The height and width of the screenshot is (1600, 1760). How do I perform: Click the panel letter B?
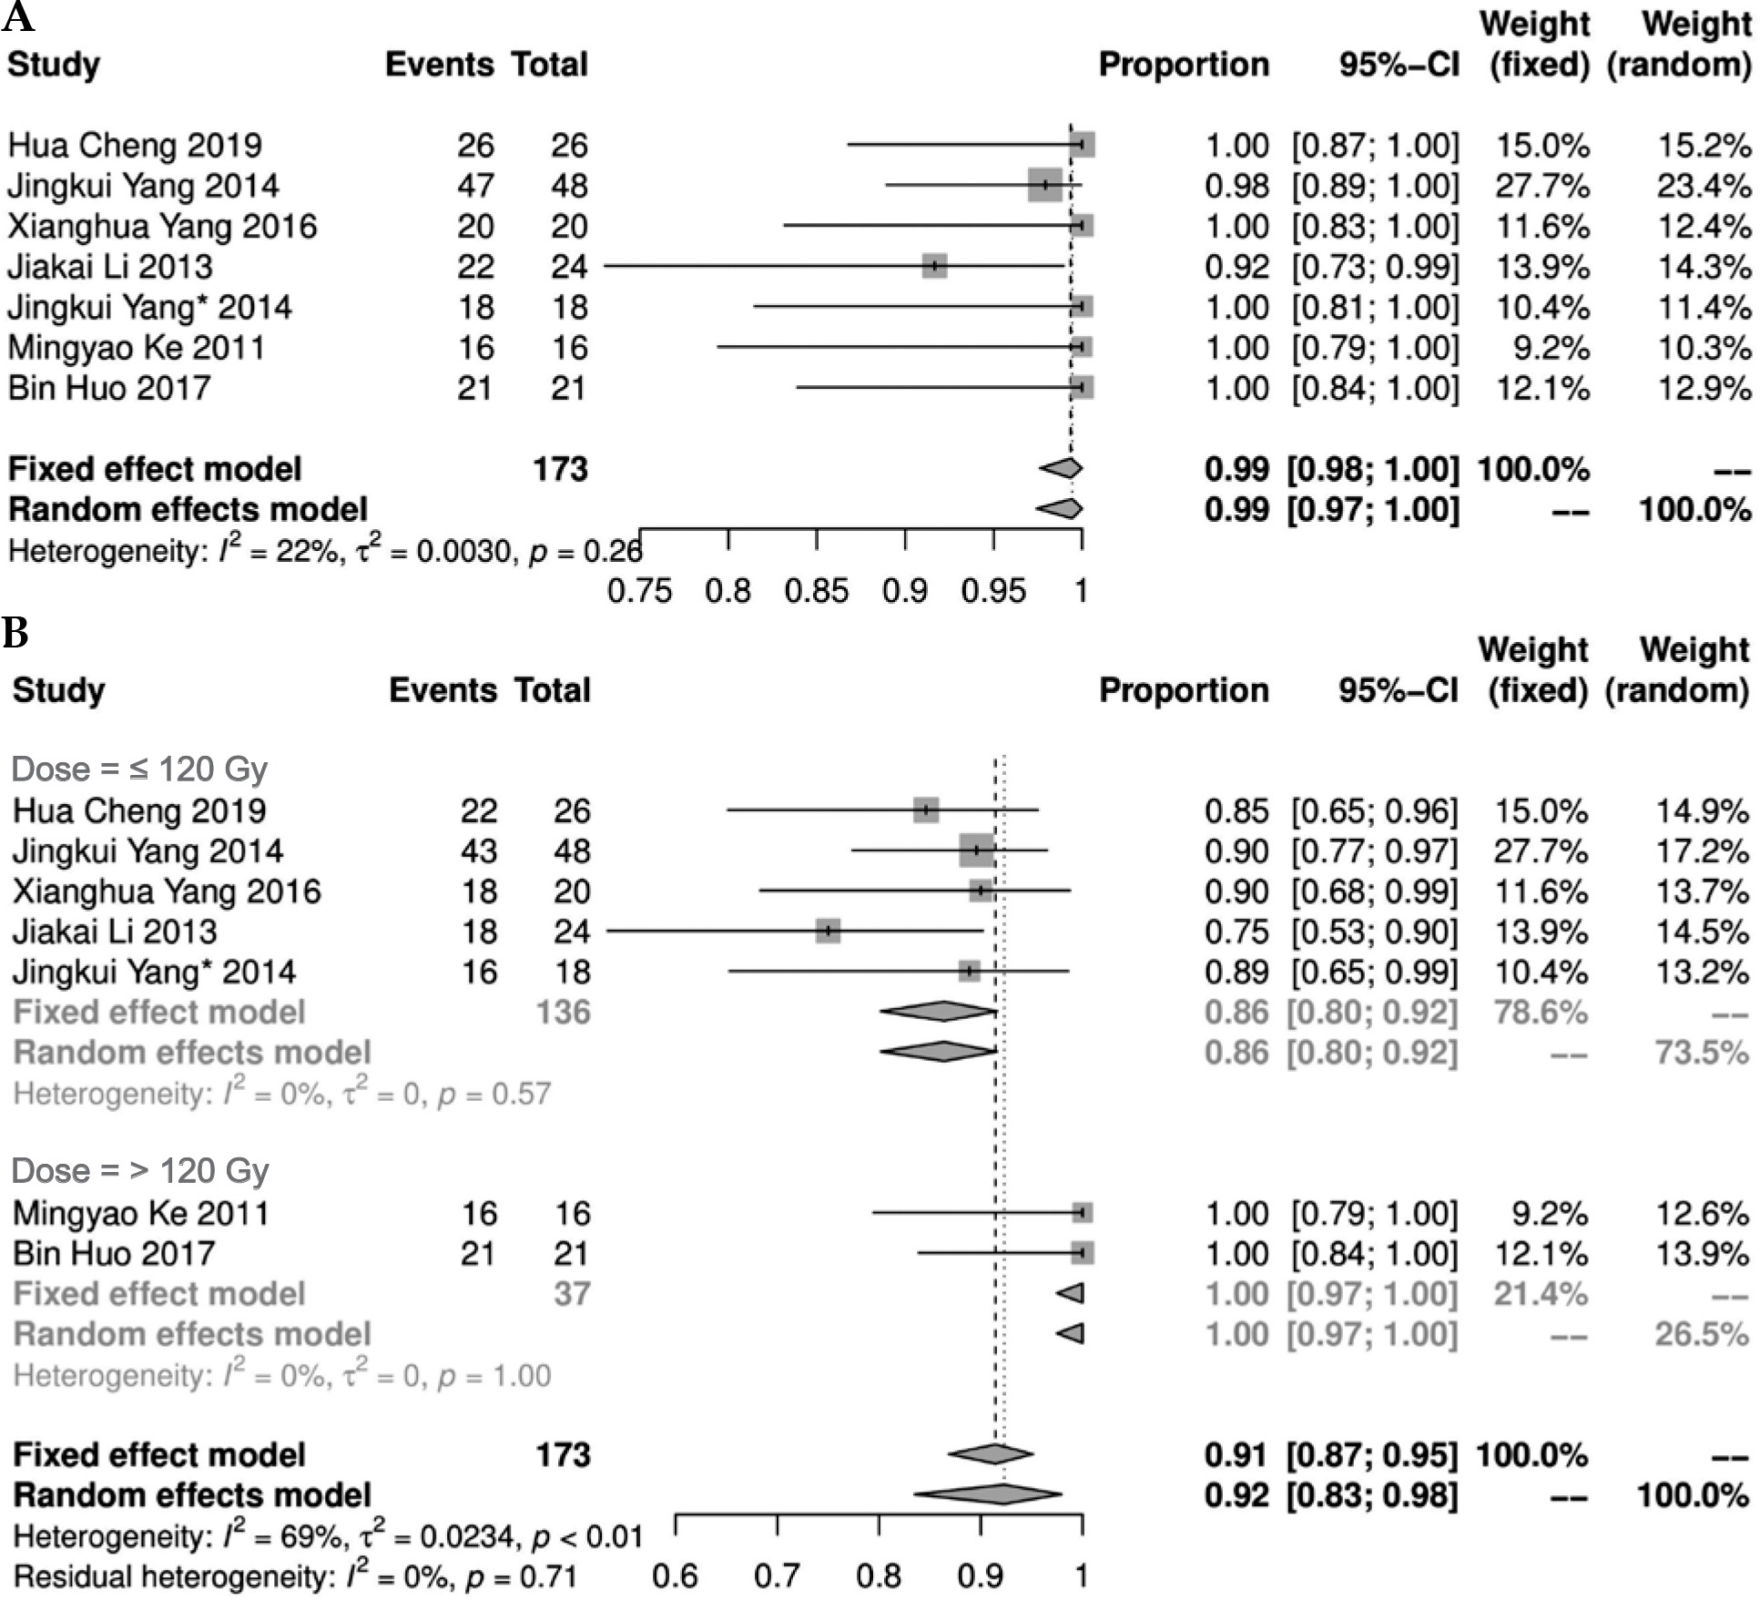15,632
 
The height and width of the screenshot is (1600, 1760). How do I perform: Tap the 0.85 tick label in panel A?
816,591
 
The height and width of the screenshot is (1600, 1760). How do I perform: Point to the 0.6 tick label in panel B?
675,1575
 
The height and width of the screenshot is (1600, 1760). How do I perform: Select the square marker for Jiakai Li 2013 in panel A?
934,266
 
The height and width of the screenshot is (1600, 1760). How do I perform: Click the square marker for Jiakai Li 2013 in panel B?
828,931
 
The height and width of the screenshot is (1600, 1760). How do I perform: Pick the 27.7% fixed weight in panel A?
1541,186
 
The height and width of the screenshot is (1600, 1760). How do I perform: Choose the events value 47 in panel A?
475,186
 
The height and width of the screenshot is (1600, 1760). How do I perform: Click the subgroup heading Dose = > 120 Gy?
140,1170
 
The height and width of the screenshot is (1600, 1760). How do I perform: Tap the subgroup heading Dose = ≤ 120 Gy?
139,769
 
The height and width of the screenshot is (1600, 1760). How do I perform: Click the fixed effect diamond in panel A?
1062,468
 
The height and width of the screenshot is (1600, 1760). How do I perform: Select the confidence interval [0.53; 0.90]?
1375,932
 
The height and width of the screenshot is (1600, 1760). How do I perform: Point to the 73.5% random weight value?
1701,1052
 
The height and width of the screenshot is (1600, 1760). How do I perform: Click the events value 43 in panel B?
479,851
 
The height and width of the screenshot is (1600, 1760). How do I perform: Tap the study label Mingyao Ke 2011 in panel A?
137,348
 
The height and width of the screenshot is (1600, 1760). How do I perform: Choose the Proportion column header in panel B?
1184,690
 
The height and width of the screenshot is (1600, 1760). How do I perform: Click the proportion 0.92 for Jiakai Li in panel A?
1236,267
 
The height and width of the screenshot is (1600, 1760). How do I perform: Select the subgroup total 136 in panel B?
564,1012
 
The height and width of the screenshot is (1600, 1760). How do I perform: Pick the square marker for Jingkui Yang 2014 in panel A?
1044,185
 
